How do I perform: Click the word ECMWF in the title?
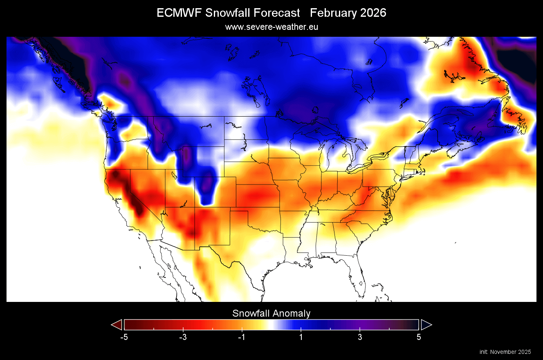coord(179,13)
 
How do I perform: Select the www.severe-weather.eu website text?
coord(271,27)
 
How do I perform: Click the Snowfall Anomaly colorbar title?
coord(271,313)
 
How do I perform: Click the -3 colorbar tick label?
coord(183,337)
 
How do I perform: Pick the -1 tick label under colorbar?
coord(242,337)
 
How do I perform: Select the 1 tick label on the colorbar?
coord(301,337)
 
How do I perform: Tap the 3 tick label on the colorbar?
coord(360,337)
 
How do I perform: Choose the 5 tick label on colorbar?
coord(419,337)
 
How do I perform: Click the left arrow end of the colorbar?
coord(117,325)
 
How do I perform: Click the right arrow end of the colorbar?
coord(426,325)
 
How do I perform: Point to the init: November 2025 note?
coord(505,352)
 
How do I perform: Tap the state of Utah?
coord(180,190)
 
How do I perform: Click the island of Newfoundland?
coord(514,119)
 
